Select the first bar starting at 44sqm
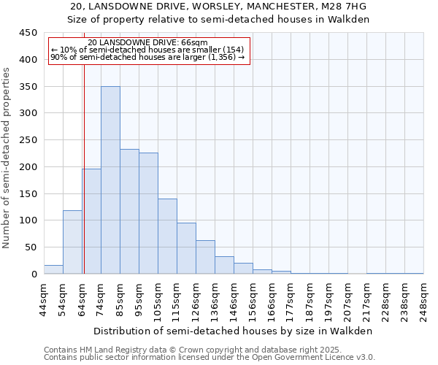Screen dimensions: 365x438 coord(53,269)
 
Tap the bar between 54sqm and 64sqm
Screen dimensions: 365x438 coord(72,242)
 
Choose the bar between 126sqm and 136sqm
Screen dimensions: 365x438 coord(205,257)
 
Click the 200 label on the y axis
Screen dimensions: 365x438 coord(28,167)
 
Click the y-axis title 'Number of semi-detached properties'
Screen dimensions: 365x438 coord(7,158)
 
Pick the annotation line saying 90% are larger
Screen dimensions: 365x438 coord(147,57)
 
